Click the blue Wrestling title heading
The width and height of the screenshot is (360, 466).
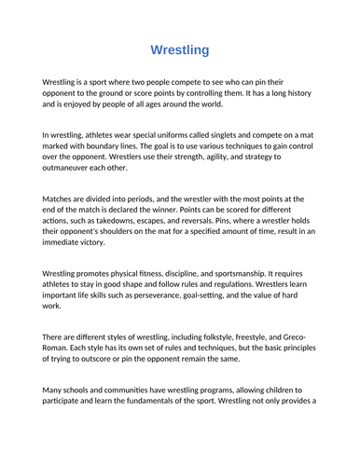(x=180, y=48)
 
